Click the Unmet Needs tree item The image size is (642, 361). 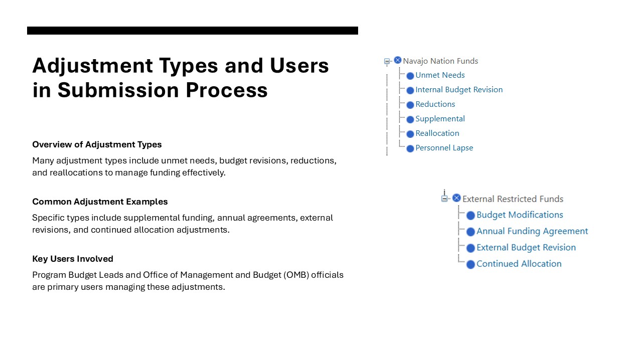point(440,75)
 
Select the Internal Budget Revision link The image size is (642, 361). point(459,90)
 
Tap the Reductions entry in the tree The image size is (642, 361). point(435,104)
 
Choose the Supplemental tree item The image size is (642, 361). point(440,119)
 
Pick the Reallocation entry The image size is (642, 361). point(437,133)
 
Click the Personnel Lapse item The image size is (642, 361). point(444,148)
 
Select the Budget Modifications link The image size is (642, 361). point(520,215)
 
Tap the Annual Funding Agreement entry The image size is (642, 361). point(532,231)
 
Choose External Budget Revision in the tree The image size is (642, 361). point(526,248)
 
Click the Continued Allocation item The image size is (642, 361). point(519,264)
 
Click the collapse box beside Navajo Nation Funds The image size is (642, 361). point(387,61)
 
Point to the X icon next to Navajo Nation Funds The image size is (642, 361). point(398,60)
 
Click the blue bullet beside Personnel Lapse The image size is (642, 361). point(410,148)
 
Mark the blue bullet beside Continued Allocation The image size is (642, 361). point(470,264)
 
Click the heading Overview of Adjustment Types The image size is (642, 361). point(97,144)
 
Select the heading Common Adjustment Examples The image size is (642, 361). point(100,202)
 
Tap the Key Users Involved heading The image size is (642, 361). point(73,259)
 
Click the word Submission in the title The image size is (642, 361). point(118,90)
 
